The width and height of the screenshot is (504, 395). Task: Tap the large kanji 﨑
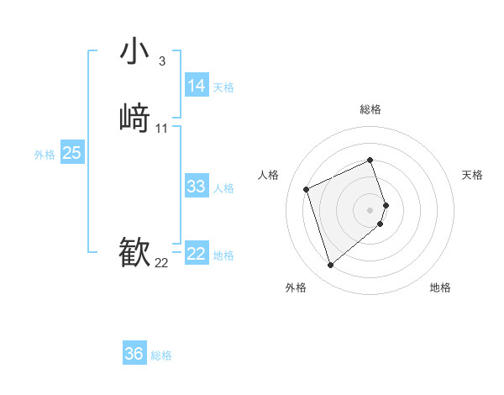tap(134, 117)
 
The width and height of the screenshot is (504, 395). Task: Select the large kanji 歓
tap(134, 251)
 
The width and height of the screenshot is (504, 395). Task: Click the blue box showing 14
tap(197, 86)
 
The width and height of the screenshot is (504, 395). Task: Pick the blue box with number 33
tap(197, 187)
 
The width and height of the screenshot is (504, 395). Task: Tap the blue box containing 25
tap(72, 153)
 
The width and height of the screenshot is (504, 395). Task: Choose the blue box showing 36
tap(134, 354)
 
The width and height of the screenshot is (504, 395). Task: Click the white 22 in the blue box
tap(197, 254)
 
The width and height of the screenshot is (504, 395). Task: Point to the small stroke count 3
tap(161, 61)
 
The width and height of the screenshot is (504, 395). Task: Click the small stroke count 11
tap(162, 128)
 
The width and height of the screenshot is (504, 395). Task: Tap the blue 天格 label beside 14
tap(223, 87)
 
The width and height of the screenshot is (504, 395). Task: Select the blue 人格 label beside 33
tap(223, 188)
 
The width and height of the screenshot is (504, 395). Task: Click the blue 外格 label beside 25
tap(45, 155)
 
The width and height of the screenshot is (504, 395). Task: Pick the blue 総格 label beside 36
tap(161, 355)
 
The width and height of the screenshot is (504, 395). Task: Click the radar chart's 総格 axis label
tap(370, 109)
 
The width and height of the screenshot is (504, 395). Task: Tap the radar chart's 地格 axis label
tap(440, 287)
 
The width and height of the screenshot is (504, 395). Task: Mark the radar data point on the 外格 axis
tap(331, 266)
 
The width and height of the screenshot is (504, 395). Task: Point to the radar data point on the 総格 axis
tap(370, 160)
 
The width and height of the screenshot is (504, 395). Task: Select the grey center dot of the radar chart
tap(370, 209)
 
